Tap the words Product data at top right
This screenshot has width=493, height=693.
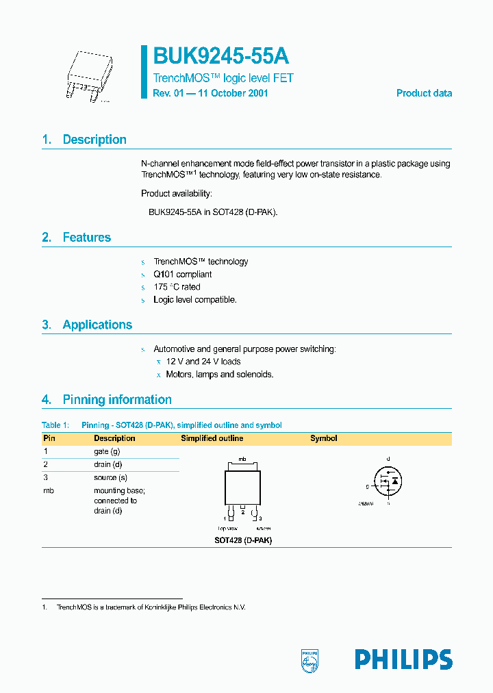(424, 93)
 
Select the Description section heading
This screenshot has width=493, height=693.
(94, 140)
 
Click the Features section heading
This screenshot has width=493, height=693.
(86, 238)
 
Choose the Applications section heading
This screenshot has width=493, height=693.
(97, 325)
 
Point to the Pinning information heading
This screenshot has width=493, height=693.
(116, 400)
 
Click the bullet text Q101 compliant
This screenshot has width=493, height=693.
(182, 275)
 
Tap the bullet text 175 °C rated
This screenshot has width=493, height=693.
(177, 287)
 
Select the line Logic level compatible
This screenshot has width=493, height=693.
(194, 300)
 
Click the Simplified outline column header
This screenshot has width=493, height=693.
(212, 438)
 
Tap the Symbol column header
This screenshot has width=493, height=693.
(323, 438)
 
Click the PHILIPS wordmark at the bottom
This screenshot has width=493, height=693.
(403, 659)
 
